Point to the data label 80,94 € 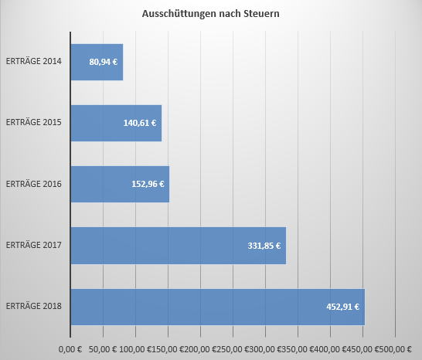pos(104,62)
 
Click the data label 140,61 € pos(140,123)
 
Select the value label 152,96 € pos(148,184)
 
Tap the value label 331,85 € pos(264,246)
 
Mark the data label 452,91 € pos(342,307)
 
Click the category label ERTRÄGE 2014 pos(33,62)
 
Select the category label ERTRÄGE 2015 pos(33,123)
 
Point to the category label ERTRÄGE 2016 pos(33,184)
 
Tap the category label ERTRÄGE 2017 pos(33,246)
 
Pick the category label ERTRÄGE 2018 pos(33,307)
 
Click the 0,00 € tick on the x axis pos(70,350)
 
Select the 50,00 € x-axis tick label pos(103,350)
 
